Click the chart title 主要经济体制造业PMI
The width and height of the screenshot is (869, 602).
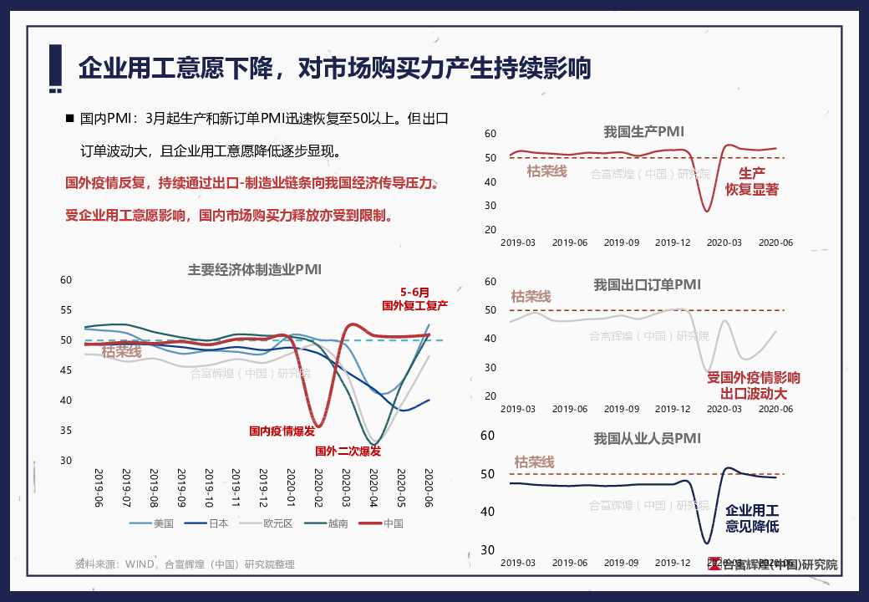255,269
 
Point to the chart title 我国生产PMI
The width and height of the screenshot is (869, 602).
644,131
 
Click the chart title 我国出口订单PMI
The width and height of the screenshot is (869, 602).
647,285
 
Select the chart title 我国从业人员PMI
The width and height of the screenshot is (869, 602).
647,438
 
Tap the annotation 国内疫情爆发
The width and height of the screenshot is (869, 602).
282,431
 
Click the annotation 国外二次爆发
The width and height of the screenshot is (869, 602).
348,451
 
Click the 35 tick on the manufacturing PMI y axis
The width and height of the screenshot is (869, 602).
67,431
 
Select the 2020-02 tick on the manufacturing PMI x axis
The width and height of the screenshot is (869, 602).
318,487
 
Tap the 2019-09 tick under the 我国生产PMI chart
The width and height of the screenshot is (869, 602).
622,242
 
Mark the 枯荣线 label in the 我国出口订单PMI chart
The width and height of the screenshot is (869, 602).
531,297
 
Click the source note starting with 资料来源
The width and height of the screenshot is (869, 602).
185,564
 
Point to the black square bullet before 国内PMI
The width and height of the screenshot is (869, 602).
70,119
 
